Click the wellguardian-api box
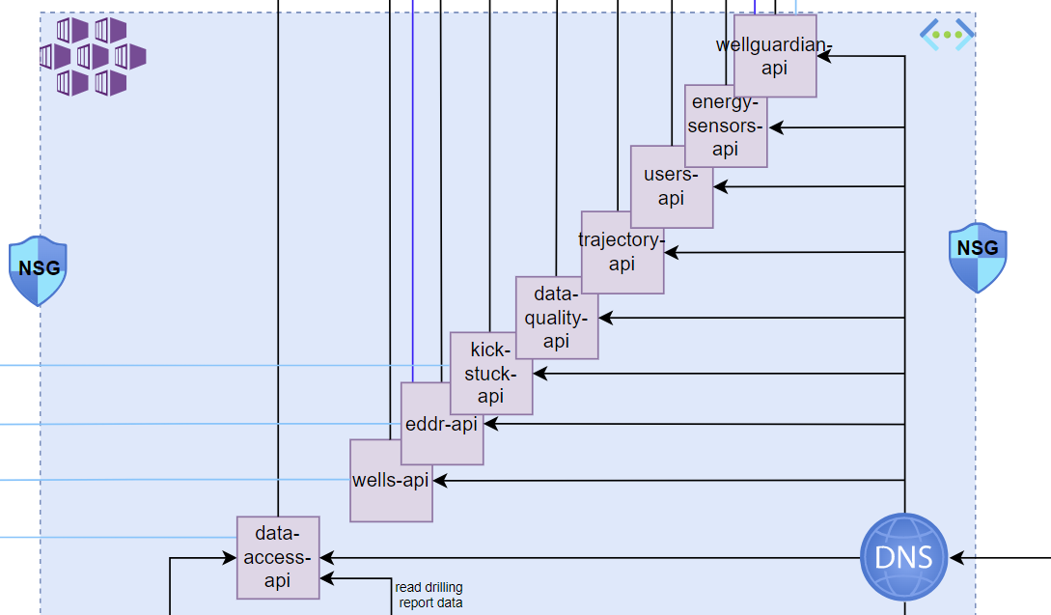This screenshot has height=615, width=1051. pos(775,56)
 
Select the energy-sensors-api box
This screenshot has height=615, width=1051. pos(726,126)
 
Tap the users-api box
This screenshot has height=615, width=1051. pos(672,186)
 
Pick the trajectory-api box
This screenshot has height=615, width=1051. pos(622,252)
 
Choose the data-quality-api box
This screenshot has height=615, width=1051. pos(556,318)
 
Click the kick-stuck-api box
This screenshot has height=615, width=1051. pos(491,373)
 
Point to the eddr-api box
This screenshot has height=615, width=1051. pos(442,424)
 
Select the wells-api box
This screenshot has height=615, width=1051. pos(391,481)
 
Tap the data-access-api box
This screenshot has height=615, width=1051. pos(278,557)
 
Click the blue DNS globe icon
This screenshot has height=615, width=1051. pos(904,557)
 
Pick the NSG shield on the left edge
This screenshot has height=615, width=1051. pos(39,268)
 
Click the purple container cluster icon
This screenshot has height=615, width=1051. pos(92,56)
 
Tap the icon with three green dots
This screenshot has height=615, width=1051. pos(947,35)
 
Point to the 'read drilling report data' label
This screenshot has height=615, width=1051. pos(429,595)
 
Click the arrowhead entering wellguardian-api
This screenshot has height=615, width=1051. pos(824,56)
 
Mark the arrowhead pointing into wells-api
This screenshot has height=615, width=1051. pos(440,480)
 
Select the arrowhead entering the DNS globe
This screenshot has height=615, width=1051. pos(955,557)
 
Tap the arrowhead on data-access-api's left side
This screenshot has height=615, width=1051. pos(230,557)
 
